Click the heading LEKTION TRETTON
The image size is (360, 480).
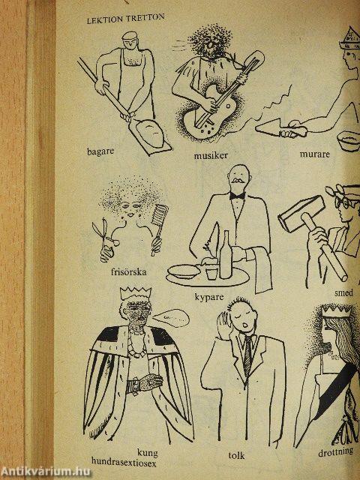tap(125, 19)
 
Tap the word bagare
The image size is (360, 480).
tap(100, 151)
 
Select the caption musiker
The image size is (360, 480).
tap(211, 155)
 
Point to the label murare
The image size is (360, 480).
tap(315, 154)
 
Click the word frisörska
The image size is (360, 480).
tap(128, 271)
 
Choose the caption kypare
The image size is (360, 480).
tap(209, 297)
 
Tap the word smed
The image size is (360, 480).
tap(343, 293)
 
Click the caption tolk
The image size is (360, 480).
tap(237, 455)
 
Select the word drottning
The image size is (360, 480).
tap(335, 452)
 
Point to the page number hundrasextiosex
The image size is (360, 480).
tap(124, 463)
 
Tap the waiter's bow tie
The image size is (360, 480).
tap(237, 196)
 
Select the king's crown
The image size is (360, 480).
tap(135, 293)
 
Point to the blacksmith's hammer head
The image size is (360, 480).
tap(301, 213)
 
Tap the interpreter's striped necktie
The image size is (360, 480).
tap(247, 356)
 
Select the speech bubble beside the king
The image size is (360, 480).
tap(171, 318)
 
